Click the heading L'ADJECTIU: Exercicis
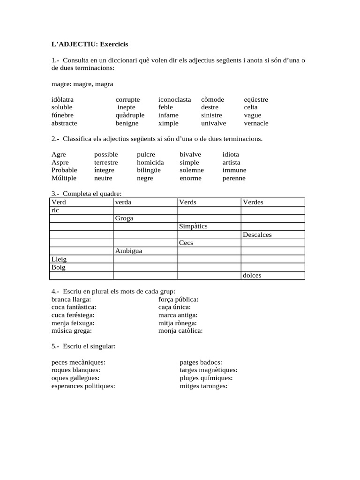[90, 44]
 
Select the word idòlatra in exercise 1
[62, 99]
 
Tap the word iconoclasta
[174, 99]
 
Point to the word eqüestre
[256, 99]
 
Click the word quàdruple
[130, 115]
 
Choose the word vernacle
[256, 123]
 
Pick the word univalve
[213, 123]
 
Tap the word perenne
[234, 178]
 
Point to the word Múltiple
[64, 178]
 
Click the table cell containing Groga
[145, 218]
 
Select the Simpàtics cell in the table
[209, 226]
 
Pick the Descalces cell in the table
[273, 235]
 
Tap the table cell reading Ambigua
[145, 251]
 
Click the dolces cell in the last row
[273, 275]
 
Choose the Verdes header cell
[273, 202]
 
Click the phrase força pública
[178, 299]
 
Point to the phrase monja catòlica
[180, 330]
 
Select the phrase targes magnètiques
[208, 370]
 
